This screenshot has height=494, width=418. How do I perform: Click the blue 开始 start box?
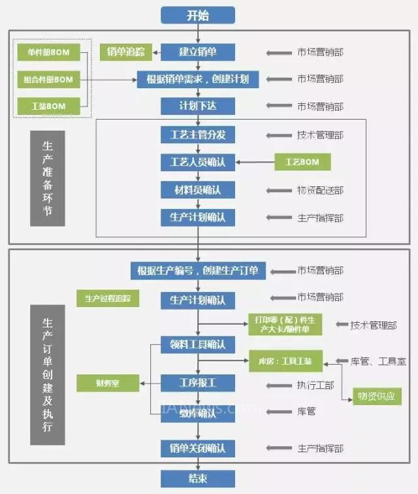point(198,14)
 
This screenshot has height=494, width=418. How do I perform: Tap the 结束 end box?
point(198,478)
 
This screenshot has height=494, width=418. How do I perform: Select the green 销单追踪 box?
point(126,52)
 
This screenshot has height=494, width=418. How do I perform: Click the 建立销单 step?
point(198,52)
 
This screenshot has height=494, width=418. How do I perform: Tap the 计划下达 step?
point(198,106)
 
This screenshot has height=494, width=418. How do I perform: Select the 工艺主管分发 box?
point(198,135)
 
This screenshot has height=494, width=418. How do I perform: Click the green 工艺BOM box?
point(302,161)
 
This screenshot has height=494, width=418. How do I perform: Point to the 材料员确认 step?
point(198,189)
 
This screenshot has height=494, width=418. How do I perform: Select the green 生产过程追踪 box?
point(108,299)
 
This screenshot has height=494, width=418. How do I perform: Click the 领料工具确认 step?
point(198,344)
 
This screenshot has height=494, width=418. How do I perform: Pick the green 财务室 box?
point(108,382)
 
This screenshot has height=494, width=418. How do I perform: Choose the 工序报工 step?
point(198,382)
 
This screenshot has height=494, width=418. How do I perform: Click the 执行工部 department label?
point(315,385)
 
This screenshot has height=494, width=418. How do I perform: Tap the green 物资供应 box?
point(376,396)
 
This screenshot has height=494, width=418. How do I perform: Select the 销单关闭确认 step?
point(198,448)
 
